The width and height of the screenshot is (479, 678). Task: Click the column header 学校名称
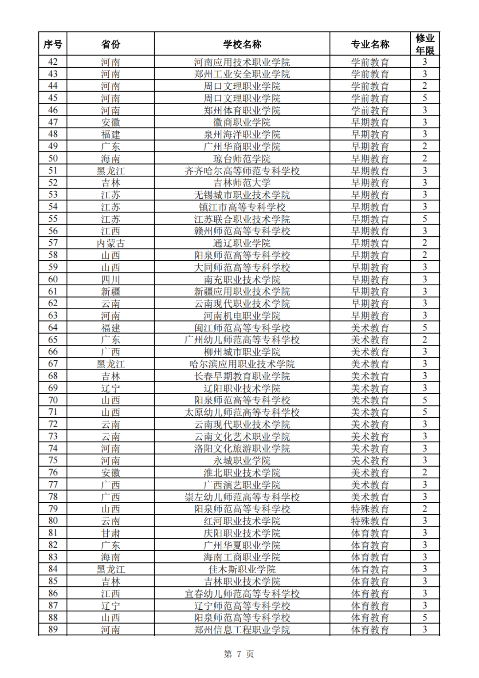pyautogui.click(x=242, y=44)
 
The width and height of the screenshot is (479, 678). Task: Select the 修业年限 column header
pyautogui.click(x=424, y=44)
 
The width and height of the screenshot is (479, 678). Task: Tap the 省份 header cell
pyautogui.click(x=110, y=44)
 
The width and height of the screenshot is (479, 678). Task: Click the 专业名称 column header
pyautogui.click(x=370, y=44)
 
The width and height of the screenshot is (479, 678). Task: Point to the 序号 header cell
pyautogui.click(x=53, y=44)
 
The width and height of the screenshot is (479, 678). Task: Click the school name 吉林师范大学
pyautogui.click(x=242, y=183)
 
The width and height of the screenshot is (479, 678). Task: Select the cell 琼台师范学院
pyautogui.click(x=242, y=159)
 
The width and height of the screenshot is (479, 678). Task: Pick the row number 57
pyautogui.click(x=53, y=243)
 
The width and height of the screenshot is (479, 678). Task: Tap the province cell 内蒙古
pyautogui.click(x=110, y=243)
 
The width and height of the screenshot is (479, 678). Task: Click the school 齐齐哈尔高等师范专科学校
pyautogui.click(x=242, y=171)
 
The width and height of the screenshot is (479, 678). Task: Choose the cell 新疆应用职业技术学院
pyautogui.click(x=242, y=292)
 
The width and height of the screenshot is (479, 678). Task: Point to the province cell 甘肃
pyautogui.click(x=110, y=533)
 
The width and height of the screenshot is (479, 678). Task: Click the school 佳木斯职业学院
pyautogui.click(x=242, y=569)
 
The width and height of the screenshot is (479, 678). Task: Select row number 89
pyautogui.click(x=53, y=630)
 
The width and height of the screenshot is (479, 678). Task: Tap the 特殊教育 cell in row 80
pyautogui.click(x=370, y=521)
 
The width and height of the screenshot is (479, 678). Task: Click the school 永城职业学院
pyautogui.click(x=242, y=461)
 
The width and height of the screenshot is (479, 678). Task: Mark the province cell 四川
pyautogui.click(x=110, y=280)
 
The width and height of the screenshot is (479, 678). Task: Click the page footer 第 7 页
pyautogui.click(x=239, y=654)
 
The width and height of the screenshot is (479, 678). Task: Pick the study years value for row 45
pyautogui.click(x=424, y=98)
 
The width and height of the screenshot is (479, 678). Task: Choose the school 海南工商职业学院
pyautogui.click(x=242, y=557)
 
